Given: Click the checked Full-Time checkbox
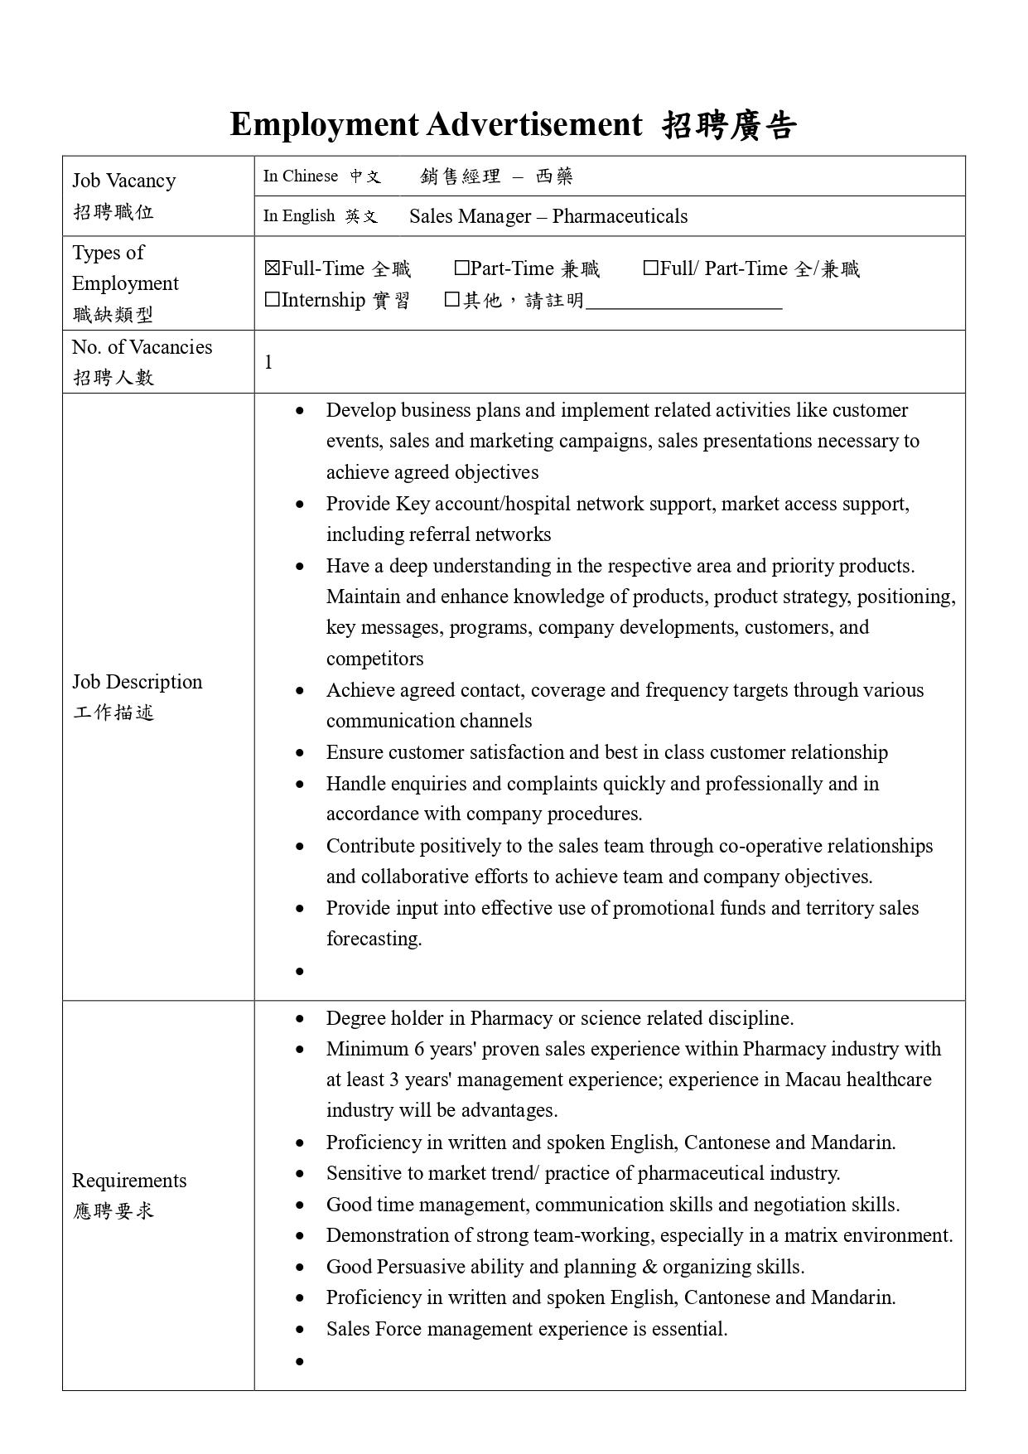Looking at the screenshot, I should tap(273, 268).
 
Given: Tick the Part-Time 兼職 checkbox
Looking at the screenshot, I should tap(461, 268).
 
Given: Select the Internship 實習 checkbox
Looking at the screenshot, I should tap(273, 300).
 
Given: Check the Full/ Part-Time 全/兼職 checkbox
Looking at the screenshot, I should tap(651, 268).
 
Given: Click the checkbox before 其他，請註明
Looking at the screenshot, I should tap(452, 300).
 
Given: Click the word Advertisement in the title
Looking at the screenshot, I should tap(534, 124).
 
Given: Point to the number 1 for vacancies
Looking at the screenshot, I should tap(268, 362).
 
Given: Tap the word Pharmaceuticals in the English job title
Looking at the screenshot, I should tap(620, 216).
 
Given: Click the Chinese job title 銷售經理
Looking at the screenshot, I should tap(461, 176).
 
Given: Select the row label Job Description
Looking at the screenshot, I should tap(138, 682).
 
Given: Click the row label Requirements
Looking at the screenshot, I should tap(129, 1180).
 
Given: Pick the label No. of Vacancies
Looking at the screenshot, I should tap(142, 347).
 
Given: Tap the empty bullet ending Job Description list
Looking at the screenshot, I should tap(300, 971).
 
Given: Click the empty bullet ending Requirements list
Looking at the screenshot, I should tap(300, 1361).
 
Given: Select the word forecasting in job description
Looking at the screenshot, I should tap(374, 939).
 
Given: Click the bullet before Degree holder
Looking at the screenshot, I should tap(300, 1019).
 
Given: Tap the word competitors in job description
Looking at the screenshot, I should tap(374, 659).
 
